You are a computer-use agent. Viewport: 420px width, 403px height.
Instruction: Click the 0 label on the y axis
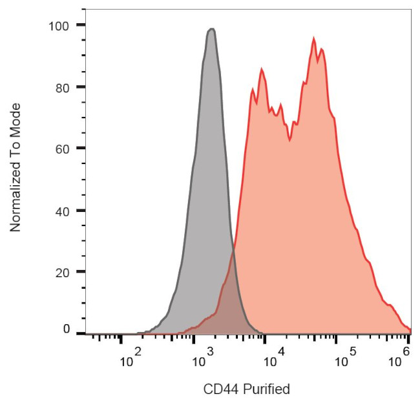pos(65,329)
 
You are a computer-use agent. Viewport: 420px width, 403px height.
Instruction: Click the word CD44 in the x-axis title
pos(218,389)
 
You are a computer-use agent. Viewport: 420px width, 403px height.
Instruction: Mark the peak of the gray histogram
pos(211,28)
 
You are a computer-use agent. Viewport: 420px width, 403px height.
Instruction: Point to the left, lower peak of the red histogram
pos(262,68)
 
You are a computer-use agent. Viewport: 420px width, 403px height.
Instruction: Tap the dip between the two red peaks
pos(289,141)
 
